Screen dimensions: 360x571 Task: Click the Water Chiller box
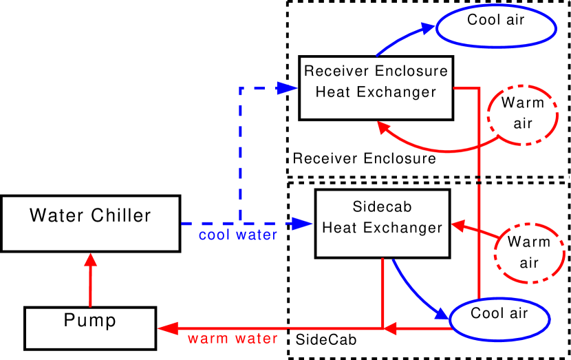(x=90, y=223)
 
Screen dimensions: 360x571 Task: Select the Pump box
(x=90, y=328)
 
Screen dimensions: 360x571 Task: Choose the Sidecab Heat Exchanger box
(x=383, y=224)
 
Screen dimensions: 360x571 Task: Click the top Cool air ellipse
(x=495, y=27)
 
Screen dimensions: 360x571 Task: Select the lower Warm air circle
(x=528, y=253)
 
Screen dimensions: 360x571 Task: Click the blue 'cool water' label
(x=238, y=235)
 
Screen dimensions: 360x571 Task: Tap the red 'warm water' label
(x=233, y=339)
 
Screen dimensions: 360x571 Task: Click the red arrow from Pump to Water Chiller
(x=90, y=282)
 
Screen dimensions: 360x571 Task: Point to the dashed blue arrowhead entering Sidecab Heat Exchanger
(x=301, y=224)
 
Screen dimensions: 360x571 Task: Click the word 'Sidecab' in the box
(x=382, y=207)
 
